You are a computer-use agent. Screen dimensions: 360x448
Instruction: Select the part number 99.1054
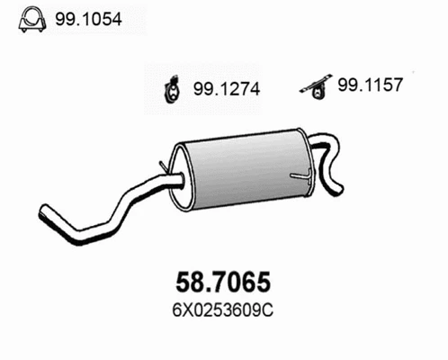(88, 19)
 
